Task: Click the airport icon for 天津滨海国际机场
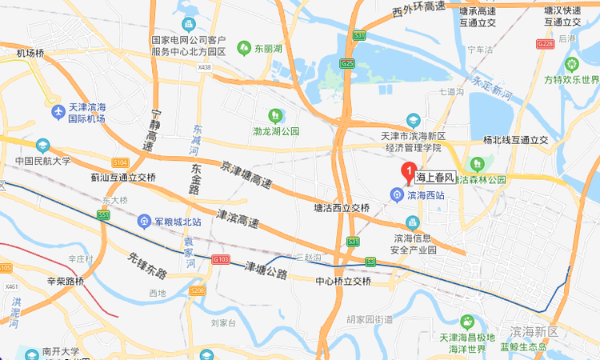click(57, 111)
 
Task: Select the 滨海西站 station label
click(422, 195)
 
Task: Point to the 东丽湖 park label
click(268, 48)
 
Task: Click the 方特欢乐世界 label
click(571, 80)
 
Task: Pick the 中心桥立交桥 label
click(343, 282)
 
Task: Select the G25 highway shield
click(347, 62)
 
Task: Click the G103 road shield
click(222, 259)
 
